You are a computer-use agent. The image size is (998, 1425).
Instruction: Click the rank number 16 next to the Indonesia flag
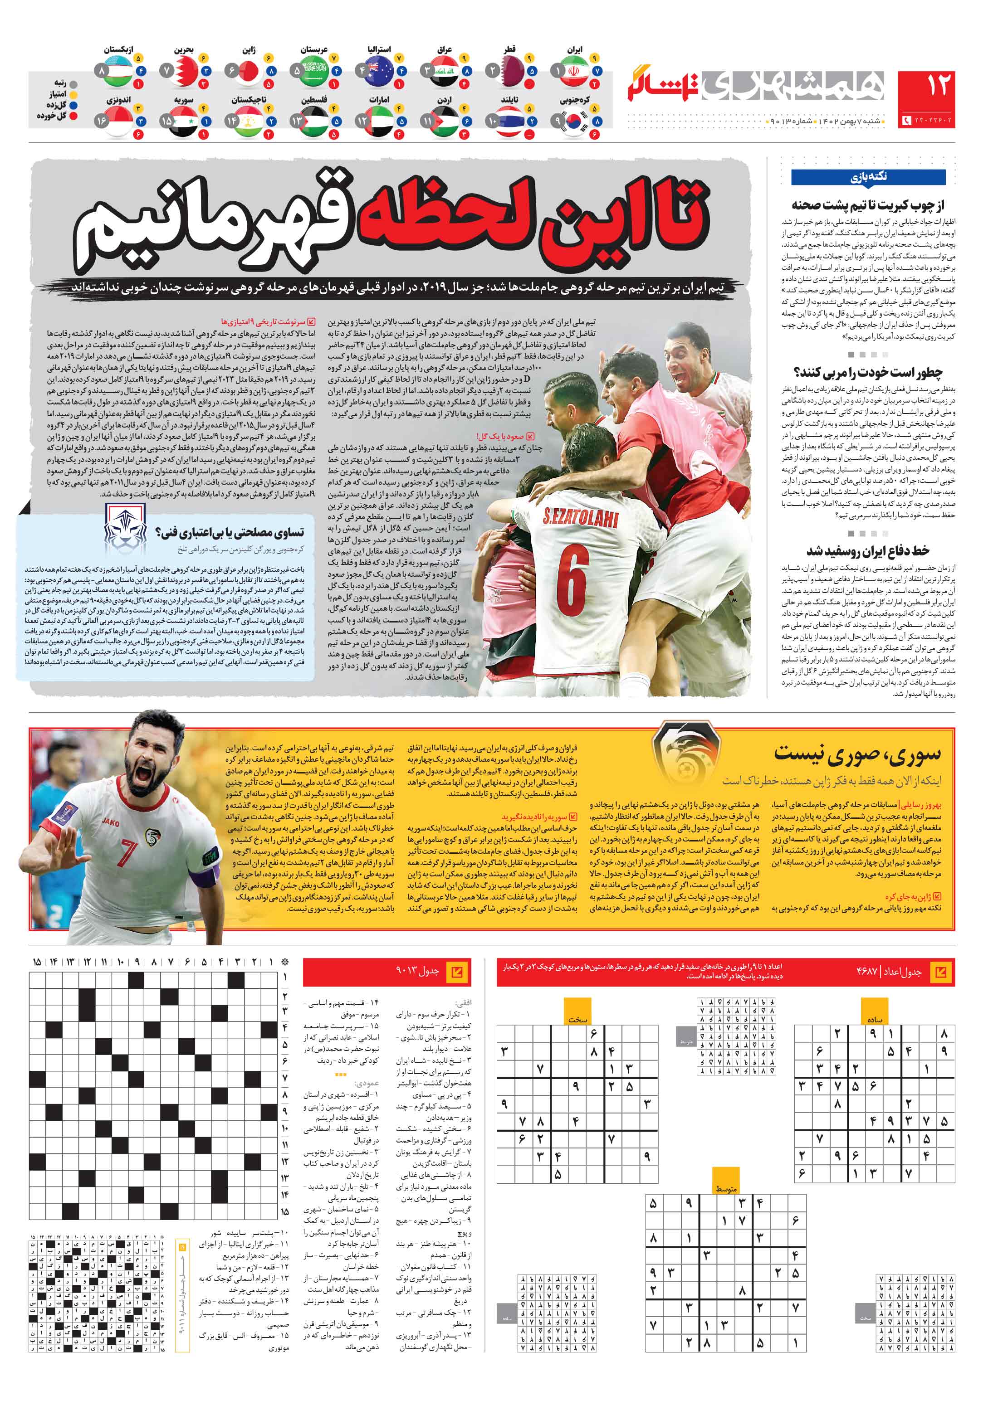pyautogui.click(x=101, y=121)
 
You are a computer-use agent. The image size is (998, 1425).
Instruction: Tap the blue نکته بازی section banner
pyautogui.click(x=868, y=177)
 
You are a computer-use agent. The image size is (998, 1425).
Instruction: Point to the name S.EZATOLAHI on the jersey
pyautogui.click(x=580, y=517)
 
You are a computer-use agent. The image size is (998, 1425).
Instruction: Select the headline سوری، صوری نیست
pyautogui.click(x=856, y=754)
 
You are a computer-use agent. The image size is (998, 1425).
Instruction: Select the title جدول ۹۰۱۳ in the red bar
pyautogui.click(x=417, y=971)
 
